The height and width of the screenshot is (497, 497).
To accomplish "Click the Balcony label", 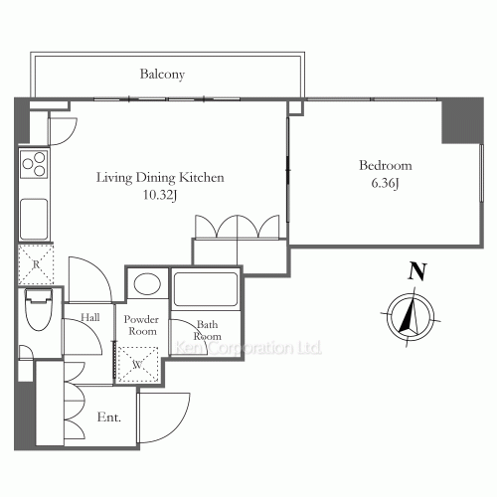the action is [162, 75].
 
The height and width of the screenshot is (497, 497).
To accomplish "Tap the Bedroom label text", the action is [386, 165].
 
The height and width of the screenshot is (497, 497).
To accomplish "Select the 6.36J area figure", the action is [385, 183].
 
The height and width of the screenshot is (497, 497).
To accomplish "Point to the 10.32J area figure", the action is [160, 195].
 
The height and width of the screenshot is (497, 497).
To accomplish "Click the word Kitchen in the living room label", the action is [202, 177].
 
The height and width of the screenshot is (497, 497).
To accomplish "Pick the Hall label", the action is [90, 317].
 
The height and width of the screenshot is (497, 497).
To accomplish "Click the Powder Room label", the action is [141, 325].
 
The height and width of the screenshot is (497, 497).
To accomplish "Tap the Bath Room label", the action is [208, 330].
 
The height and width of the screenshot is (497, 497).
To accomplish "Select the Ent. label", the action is [109, 416].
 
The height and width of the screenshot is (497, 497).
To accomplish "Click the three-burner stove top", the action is [34, 164].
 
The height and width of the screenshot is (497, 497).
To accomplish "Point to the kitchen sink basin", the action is [34, 219].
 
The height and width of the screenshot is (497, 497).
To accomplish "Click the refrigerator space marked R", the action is [36, 264].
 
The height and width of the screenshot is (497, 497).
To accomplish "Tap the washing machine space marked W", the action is [138, 364].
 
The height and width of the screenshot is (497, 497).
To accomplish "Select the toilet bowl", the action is [39, 310].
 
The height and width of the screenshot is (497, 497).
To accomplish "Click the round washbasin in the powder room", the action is [147, 283].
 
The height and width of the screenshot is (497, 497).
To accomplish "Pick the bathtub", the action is [206, 289].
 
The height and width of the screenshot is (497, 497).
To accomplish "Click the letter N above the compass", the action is [417, 271].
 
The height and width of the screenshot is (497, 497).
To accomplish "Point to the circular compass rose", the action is [412, 317].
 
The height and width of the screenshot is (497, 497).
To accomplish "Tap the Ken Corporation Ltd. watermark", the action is [248, 348].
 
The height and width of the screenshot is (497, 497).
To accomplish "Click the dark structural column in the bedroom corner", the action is [462, 121].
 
